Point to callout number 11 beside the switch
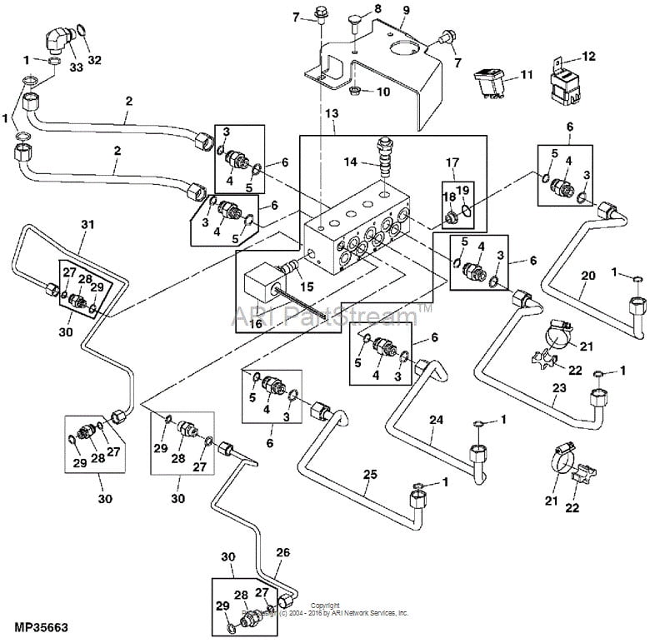click(x=526, y=75)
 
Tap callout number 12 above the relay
click(x=589, y=56)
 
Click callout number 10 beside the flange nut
click(x=383, y=92)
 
